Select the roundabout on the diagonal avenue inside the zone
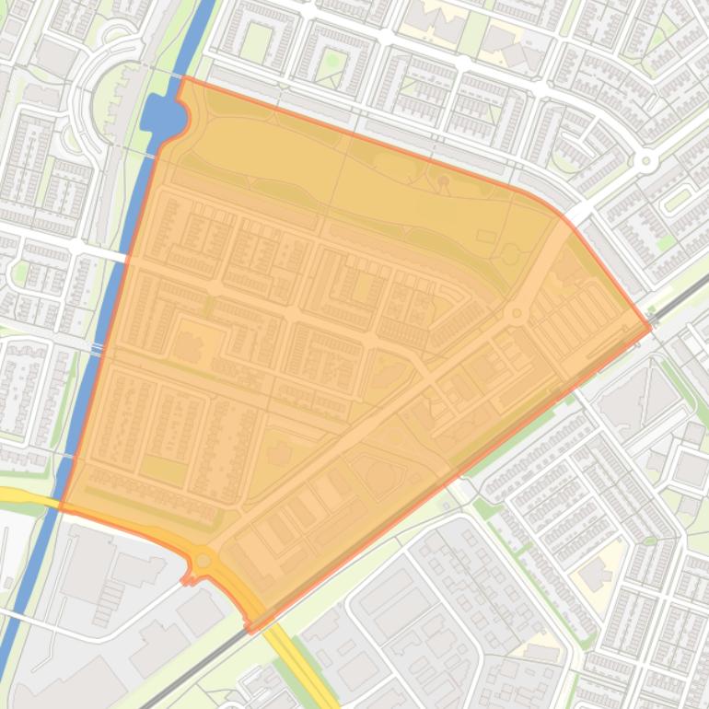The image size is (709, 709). point(517,315)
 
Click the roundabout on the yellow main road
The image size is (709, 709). point(203,559)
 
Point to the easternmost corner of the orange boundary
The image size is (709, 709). point(651,328)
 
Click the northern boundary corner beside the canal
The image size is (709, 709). point(184,78)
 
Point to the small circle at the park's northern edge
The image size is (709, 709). point(443,181)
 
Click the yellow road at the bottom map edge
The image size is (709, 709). point(322,700)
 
